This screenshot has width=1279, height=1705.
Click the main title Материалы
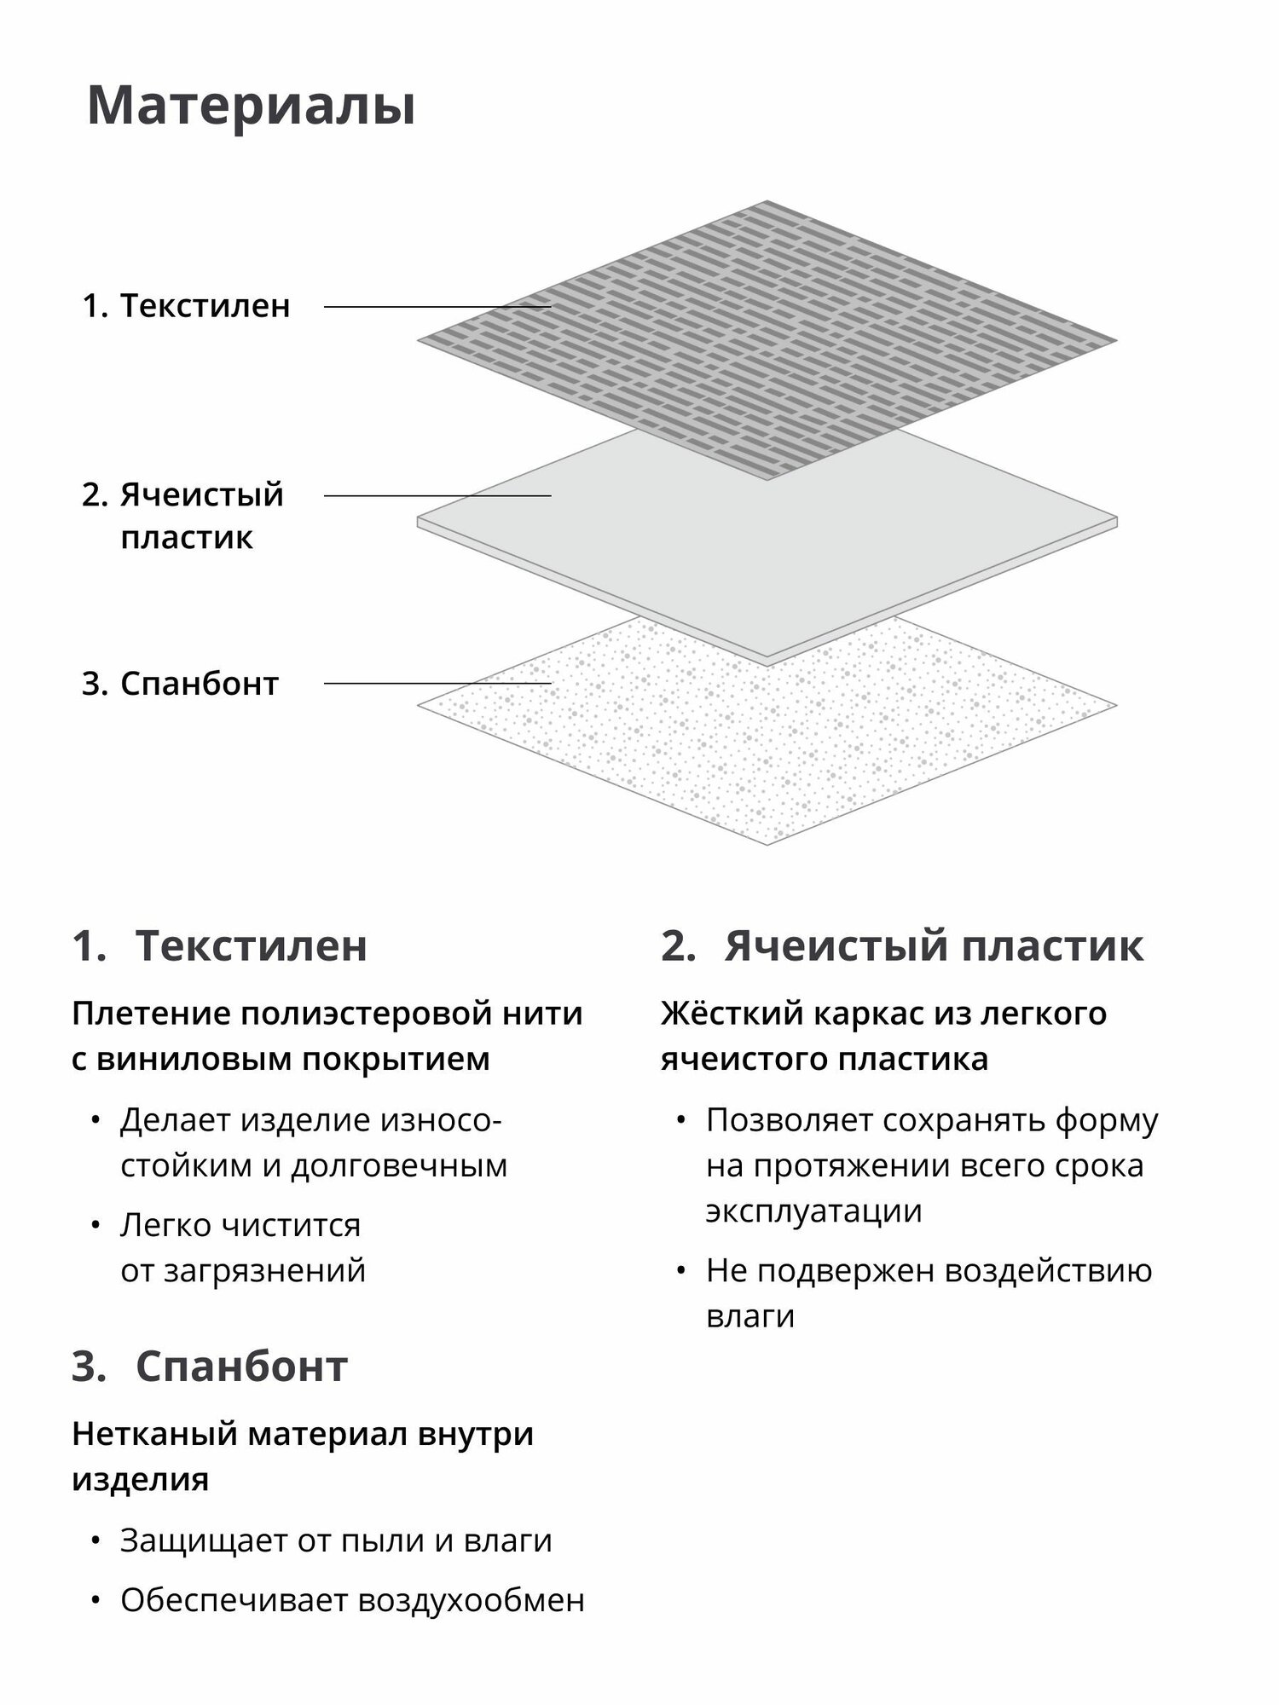[x=252, y=107]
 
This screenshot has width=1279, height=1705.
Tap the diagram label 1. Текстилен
[x=187, y=306]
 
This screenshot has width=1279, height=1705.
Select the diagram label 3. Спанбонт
[x=181, y=684]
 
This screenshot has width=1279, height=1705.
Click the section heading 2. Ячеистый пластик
[x=902, y=946]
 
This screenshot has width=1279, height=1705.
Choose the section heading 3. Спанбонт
[x=210, y=1367]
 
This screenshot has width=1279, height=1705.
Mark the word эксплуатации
[x=813, y=1211]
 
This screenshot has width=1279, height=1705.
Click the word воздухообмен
[x=472, y=1601]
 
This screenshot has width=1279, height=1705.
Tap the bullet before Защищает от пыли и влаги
[x=96, y=1540]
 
